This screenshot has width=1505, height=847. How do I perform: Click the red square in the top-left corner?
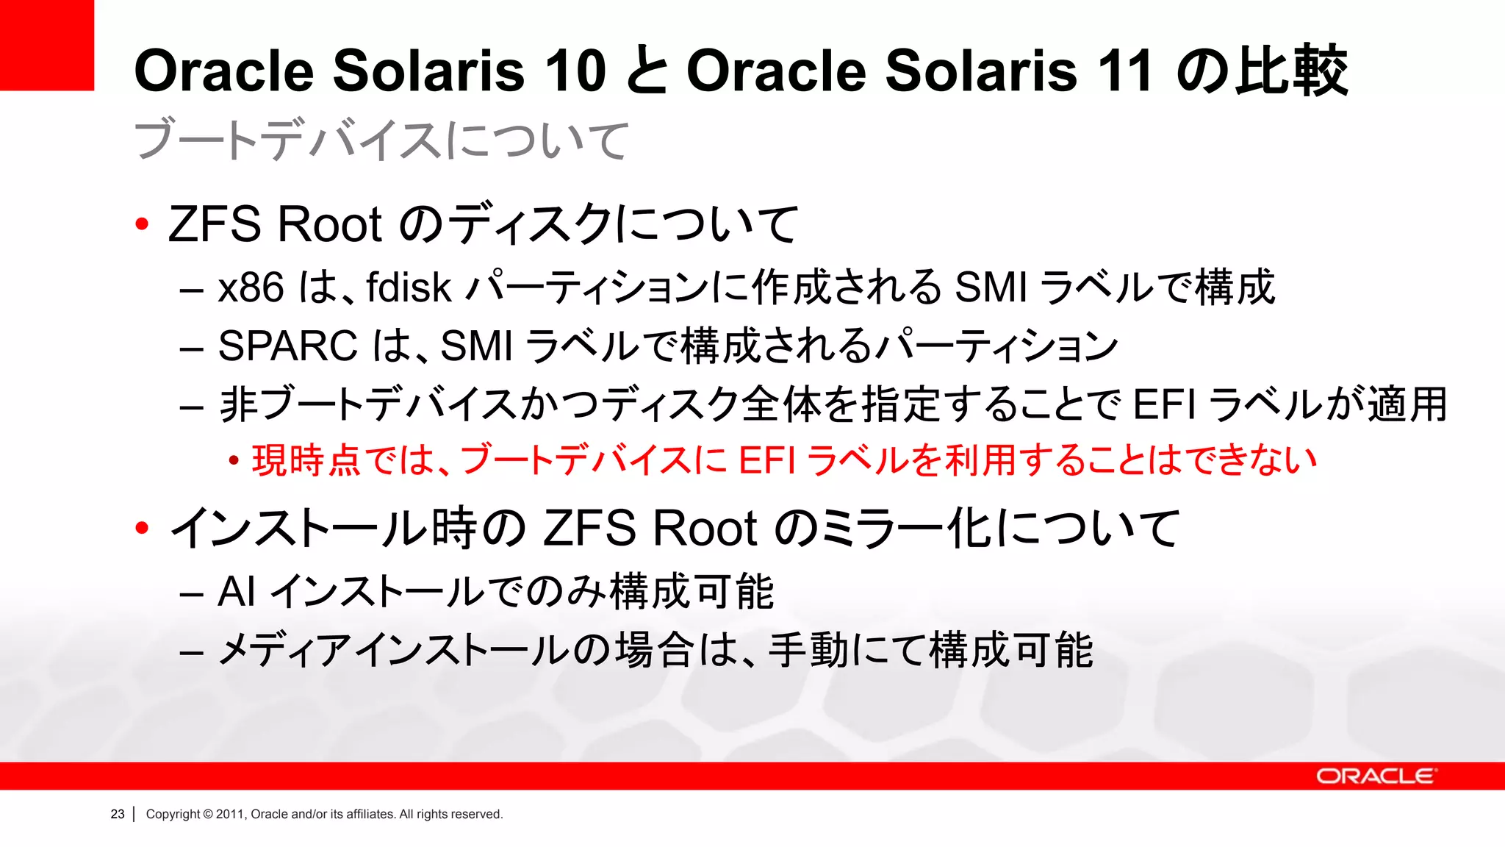pyautogui.click(x=46, y=45)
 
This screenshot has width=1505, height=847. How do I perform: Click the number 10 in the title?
pyautogui.click(x=575, y=71)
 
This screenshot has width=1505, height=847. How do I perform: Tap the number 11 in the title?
pyautogui.click(x=1123, y=71)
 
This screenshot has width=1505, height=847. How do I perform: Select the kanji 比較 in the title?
pyautogui.click(x=1291, y=71)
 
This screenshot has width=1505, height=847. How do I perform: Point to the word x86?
pyautogui.click(x=251, y=287)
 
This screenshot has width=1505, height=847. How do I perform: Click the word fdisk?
pyautogui.click(x=409, y=287)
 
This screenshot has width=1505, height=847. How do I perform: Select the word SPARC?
pyautogui.click(x=287, y=346)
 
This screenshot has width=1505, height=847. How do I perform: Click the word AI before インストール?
pyautogui.click(x=237, y=591)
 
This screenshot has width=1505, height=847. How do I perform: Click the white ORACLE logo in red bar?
pyautogui.click(x=1375, y=776)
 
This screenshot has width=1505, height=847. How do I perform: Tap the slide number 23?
pyautogui.click(x=118, y=814)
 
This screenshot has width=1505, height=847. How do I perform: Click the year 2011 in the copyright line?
pyautogui.click(x=230, y=814)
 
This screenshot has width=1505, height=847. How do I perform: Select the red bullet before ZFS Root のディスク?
pyautogui.click(x=143, y=224)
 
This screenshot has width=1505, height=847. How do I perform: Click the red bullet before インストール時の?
pyautogui.click(x=143, y=527)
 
